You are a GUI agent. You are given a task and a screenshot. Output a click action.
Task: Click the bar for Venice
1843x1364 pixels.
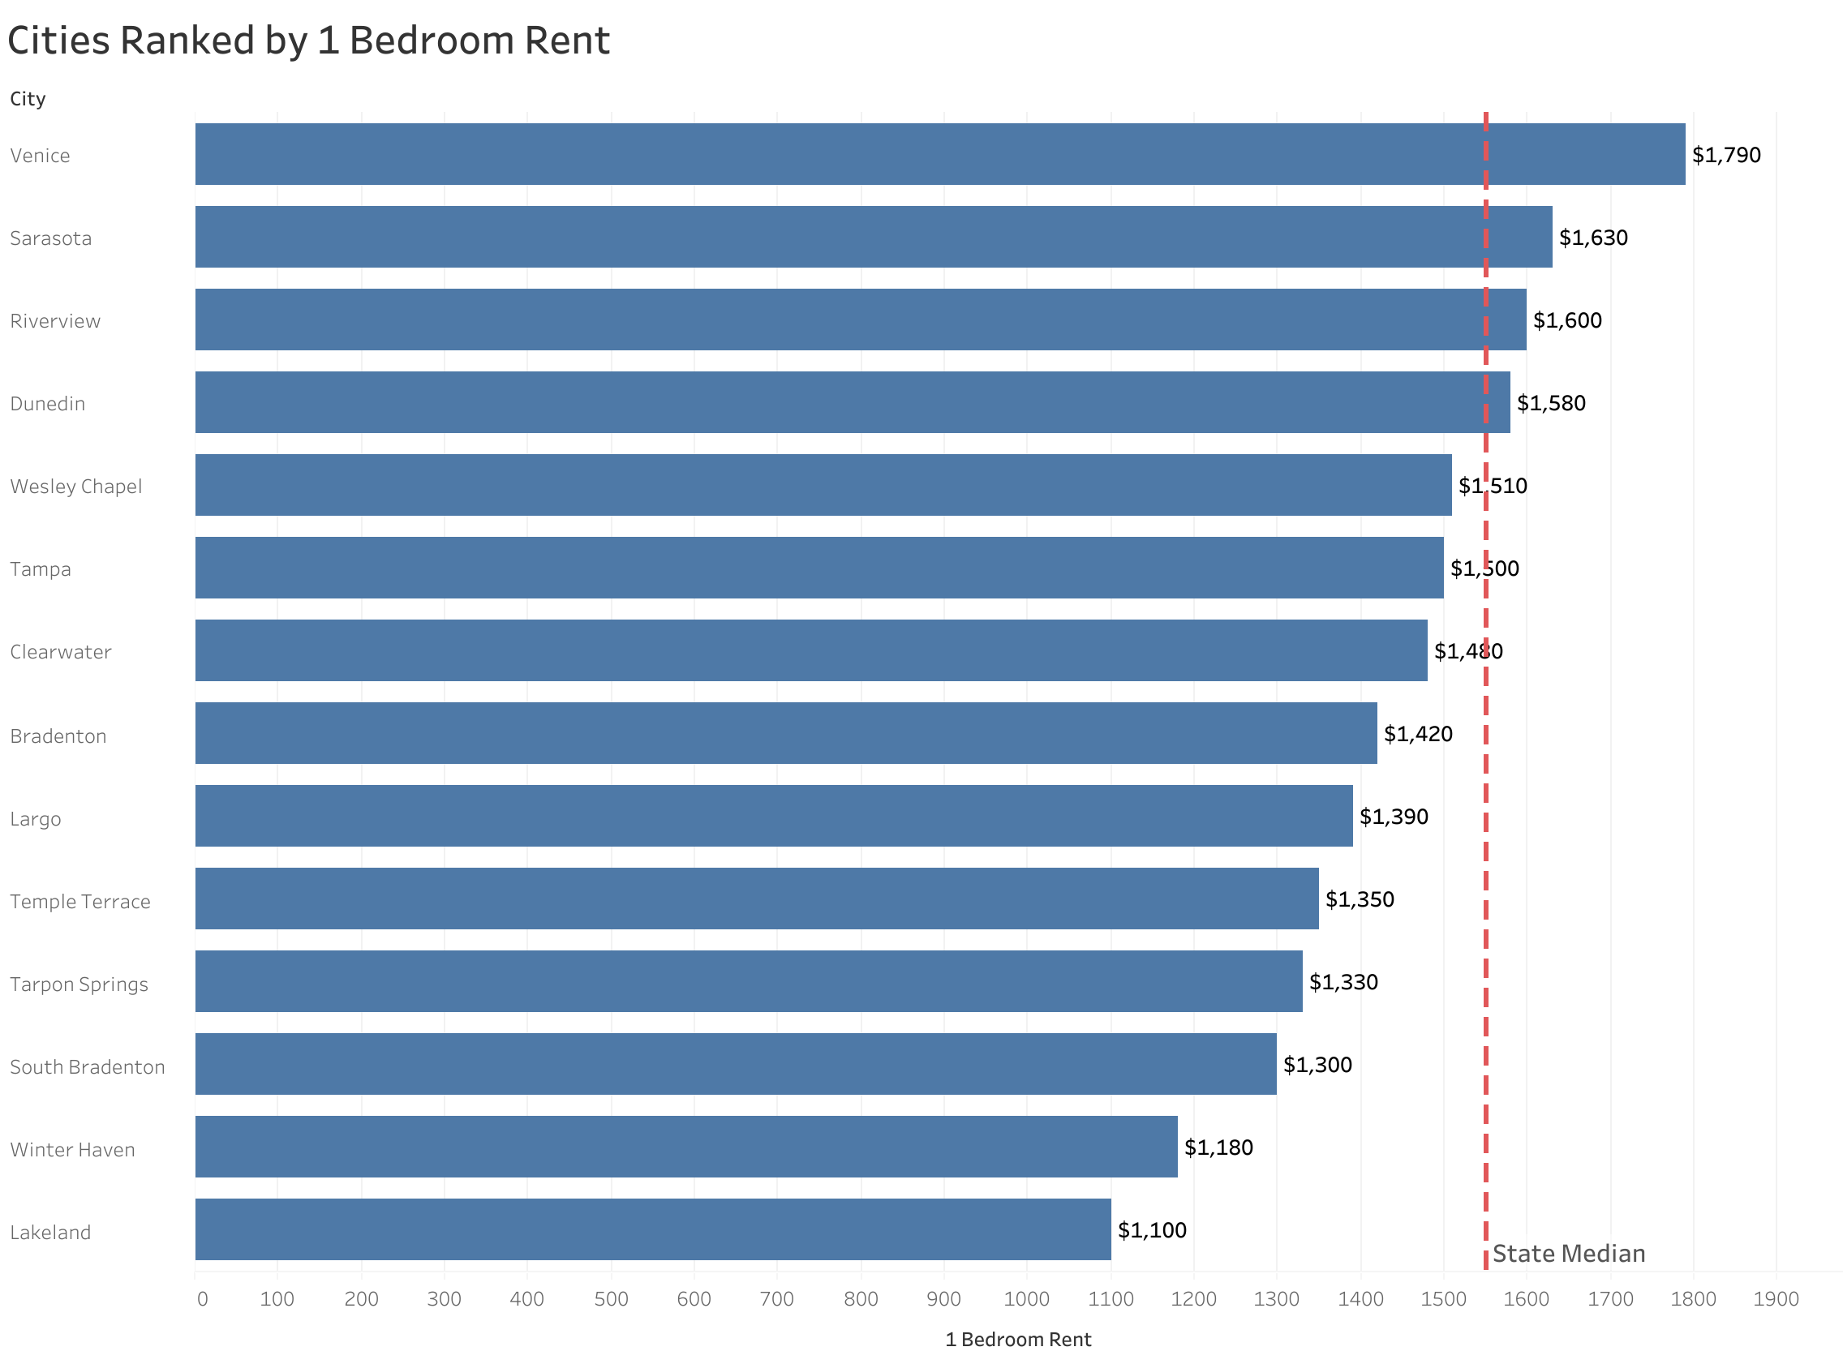click(939, 154)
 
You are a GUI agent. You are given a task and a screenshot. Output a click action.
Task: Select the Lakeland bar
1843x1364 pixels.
click(652, 1229)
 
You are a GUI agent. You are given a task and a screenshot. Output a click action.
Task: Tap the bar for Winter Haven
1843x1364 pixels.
click(685, 1147)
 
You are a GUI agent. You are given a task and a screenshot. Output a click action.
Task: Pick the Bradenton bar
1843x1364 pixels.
click(785, 733)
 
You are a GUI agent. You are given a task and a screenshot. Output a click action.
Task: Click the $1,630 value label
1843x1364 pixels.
click(1593, 238)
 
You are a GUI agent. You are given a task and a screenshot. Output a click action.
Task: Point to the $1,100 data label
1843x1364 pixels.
click(1152, 1230)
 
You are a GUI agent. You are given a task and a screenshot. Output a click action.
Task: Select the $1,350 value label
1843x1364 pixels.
click(1359, 899)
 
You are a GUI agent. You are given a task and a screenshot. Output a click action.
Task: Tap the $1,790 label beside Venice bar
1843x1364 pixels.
click(1725, 155)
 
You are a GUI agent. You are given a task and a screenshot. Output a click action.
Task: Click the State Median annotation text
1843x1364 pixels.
click(1568, 1254)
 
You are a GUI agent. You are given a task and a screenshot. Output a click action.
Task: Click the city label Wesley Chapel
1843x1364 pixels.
click(76, 487)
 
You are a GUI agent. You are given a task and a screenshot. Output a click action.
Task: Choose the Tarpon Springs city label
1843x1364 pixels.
click(79, 984)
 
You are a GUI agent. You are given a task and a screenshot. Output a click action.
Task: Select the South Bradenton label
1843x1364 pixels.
click(88, 1066)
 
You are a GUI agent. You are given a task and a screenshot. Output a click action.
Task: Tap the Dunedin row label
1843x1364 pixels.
click(48, 404)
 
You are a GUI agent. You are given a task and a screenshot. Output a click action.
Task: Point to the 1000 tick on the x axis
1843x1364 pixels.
click(1026, 1299)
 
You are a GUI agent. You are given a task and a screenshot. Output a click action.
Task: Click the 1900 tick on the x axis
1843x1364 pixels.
click(1776, 1299)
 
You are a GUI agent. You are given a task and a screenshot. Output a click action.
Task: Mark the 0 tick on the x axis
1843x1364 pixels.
click(202, 1299)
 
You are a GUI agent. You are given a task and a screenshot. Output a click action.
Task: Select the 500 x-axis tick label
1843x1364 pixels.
click(611, 1299)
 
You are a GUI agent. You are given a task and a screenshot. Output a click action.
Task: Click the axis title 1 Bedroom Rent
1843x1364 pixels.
click(1017, 1339)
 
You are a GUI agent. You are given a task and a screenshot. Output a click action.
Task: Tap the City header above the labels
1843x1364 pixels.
click(28, 99)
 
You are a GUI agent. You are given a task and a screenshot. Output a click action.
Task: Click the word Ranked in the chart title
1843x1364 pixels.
click(187, 41)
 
